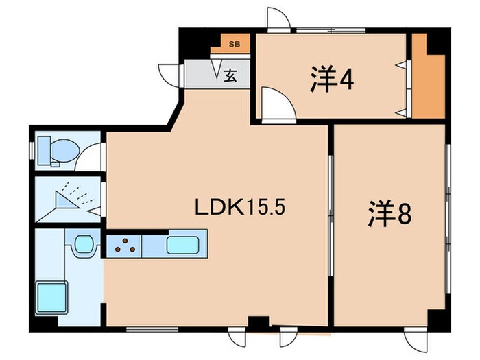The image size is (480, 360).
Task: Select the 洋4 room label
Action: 331,80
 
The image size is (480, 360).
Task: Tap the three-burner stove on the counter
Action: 125,245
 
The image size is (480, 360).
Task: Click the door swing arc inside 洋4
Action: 277,108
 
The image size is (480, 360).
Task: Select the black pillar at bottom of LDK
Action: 258,322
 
